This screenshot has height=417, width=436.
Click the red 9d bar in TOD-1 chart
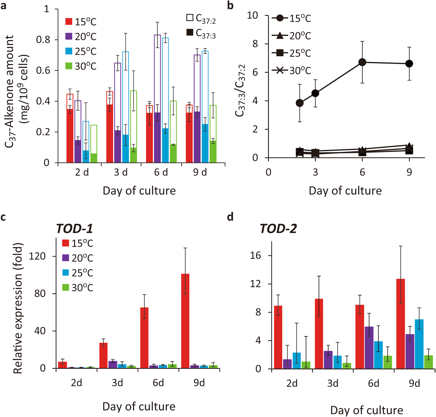point(185,321)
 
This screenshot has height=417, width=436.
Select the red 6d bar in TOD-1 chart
point(144,338)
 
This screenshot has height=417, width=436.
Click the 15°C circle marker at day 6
point(362,62)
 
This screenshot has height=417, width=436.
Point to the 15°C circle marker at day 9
point(409,64)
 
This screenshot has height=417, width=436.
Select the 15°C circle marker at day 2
point(300,103)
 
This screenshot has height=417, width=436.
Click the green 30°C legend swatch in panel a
point(69,66)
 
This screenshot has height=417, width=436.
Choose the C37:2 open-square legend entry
point(190,18)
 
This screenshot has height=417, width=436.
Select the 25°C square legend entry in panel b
point(280,53)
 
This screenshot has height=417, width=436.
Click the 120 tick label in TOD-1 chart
point(37,256)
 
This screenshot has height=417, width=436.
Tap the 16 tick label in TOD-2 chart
point(256,255)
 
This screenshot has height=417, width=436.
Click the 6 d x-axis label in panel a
point(161,172)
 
